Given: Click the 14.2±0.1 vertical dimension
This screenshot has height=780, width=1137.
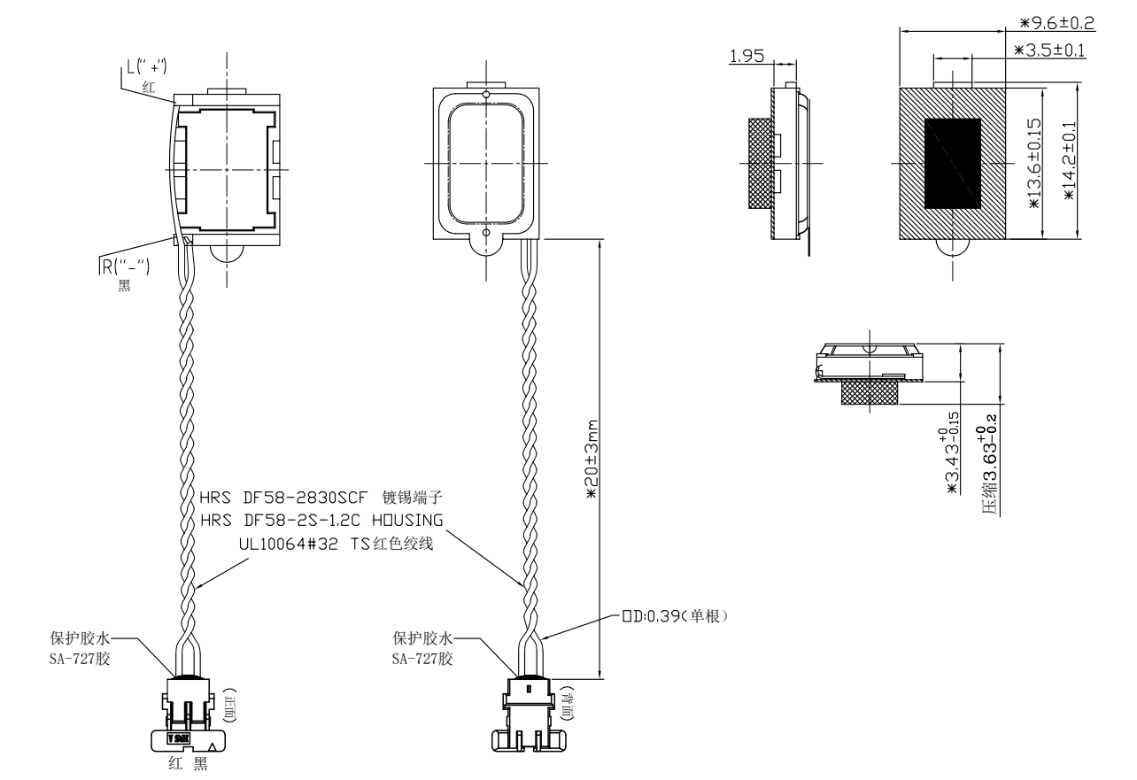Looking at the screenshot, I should coord(1069,159).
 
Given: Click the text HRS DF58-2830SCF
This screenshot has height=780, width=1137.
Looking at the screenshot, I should coord(275,499).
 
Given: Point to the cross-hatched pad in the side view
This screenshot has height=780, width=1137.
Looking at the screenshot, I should coord(760,165).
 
